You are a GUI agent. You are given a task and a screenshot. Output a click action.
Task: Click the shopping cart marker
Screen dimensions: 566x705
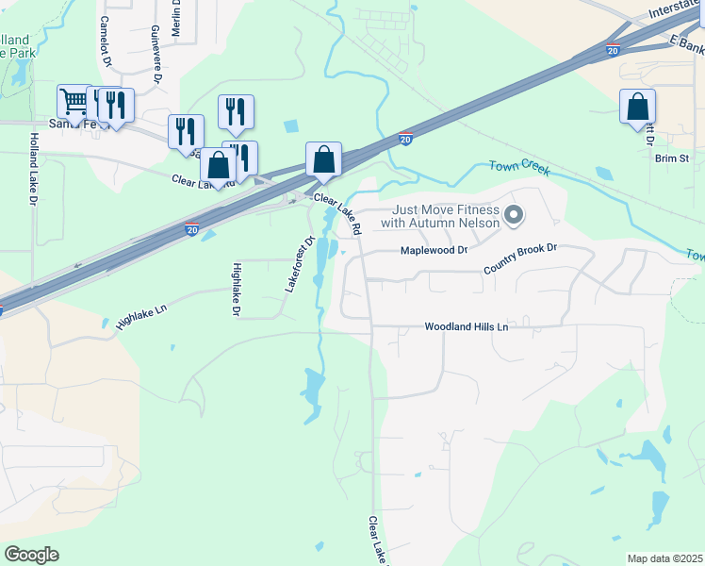point(73,101)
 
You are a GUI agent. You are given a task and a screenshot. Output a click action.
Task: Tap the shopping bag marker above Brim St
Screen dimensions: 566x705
point(638,106)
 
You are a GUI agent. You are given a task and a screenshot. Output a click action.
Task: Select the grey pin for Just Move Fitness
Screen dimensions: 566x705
point(514,216)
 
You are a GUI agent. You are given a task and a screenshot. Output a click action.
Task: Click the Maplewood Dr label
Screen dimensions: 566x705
point(434,251)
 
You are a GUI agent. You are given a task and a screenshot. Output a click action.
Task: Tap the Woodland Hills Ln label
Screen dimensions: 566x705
point(466,326)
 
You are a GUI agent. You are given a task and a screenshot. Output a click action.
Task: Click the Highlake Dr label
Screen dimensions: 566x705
point(237,289)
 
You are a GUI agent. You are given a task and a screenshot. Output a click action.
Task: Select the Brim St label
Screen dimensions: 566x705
point(673,158)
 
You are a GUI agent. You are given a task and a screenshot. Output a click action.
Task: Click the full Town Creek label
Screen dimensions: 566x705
point(518,167)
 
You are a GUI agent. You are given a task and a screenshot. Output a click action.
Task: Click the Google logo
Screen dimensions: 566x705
point(32,555)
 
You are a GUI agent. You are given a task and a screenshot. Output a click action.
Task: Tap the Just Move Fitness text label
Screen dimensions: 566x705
point(439,216)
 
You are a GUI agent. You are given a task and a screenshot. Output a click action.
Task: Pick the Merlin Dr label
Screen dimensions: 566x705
point(176,19)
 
